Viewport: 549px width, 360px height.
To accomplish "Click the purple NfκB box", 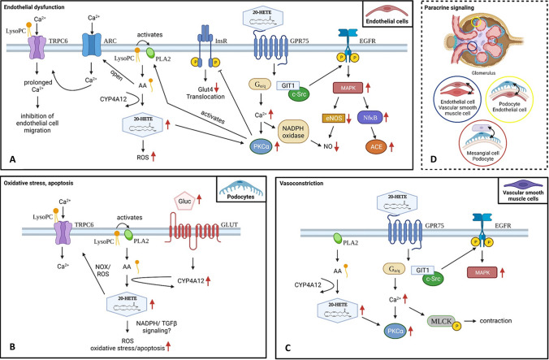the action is point(369,119).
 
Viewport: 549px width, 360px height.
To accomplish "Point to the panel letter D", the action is point(434,161).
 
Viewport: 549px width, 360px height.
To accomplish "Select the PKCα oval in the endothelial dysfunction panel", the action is point(262,146).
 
